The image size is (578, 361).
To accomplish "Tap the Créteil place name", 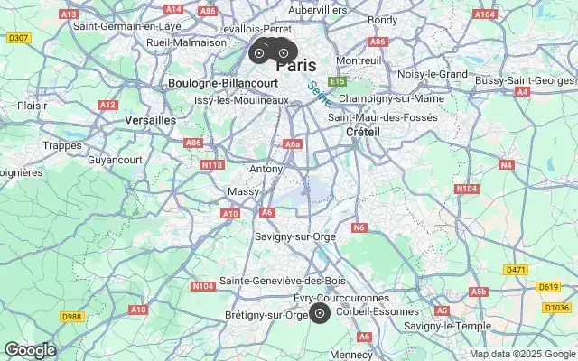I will click(x=362, y=132).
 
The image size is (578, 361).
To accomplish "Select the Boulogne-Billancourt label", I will click(x=210, y=83).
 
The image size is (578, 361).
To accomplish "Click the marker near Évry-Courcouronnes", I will click(x=319, y=313).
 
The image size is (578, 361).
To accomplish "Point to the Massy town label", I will click(x=243, y=191).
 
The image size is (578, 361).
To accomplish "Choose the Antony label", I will click(x=266, y=169).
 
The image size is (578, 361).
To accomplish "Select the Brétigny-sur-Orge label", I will click(x=266, y=315).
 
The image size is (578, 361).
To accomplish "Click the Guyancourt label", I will click(x=115, y=159).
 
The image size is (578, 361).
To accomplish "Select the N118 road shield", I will click(x=212, y=164).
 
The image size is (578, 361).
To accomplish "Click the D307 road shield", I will click(x=17, y=38).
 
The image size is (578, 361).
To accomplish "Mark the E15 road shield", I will click(x=338, y=81).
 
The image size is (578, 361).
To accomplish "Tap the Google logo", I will click(x=30, y=350).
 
